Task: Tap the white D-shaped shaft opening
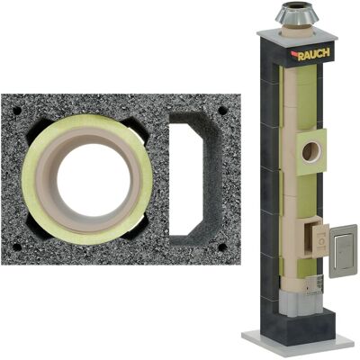click(x=184, y=180)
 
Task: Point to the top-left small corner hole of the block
click(x=17, y=111)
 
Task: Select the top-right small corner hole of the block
click(x=222, y=111)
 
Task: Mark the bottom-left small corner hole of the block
click(x=17, y=247)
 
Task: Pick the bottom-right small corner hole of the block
click(x=222, y=247)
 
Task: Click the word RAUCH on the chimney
click(x=314, y=54)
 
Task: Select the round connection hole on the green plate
click(x=311, y=151)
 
